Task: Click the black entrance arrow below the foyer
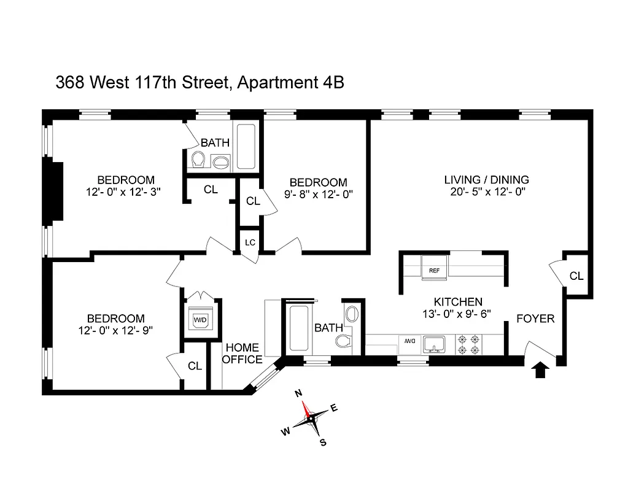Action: click(x=540, y=370)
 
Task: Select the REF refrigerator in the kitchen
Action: click(x=435, y=270)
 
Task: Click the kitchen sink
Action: click(x=435, y=345)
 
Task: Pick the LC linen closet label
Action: click(x=250, y=242)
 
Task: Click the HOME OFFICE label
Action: click(x=242, y=354)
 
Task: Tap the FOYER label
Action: click(x=535, y=319)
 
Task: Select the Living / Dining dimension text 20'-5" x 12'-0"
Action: click(x=486, y=191)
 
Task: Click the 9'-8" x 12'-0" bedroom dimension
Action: click(x=318, y=194)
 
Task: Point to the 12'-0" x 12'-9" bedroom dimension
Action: click(x=116, y=330)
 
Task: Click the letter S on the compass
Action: click(x=323, y=443)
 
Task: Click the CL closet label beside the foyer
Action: click(x=576, y=276)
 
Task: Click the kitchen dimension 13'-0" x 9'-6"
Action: click(x=458, y=314)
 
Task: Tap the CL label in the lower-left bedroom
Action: click(x=195, y=366)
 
